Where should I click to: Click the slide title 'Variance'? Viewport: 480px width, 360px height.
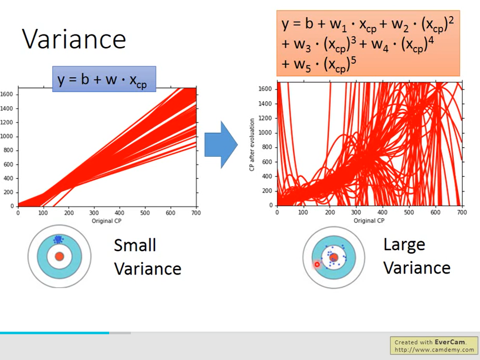74,39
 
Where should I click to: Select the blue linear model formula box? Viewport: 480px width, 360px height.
104,79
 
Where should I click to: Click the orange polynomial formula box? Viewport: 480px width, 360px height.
368,43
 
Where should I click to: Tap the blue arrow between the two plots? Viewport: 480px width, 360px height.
221,145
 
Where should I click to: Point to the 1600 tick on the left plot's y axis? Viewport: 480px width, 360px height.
7,95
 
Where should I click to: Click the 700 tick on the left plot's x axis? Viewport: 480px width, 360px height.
196,213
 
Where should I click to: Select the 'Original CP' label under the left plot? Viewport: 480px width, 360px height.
107,220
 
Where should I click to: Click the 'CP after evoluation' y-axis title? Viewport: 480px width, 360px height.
252,145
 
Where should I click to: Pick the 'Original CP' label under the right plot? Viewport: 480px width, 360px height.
369,220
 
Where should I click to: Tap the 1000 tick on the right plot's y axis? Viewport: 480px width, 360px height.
265,132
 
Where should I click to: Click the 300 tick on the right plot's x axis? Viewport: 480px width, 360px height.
356,212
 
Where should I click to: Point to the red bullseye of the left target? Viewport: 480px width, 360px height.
60,256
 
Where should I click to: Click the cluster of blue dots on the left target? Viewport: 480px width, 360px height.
58,239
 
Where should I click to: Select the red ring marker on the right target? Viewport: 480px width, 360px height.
317,264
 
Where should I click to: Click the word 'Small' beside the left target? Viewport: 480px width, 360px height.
135,245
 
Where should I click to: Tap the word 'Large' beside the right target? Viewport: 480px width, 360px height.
404,245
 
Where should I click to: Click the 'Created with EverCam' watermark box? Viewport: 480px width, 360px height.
434,346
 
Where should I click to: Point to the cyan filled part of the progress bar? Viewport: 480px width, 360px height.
55,333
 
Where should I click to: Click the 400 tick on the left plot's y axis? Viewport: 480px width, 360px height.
8,178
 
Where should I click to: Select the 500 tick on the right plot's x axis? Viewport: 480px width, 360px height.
409,212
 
